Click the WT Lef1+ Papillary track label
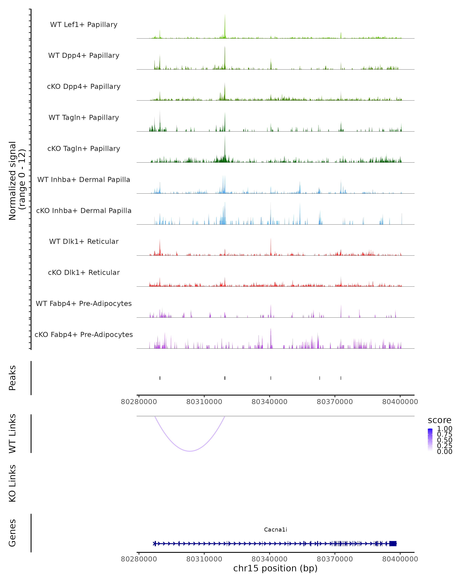coord(84,25)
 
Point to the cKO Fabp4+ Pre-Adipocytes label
coord(84,334)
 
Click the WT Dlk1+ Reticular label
coord(84,241)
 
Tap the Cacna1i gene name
coord(275,530)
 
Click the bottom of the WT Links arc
coord(190,451)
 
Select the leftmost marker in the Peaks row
coord(160,378)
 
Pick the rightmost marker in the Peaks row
coord(341,378)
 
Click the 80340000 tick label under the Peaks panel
coord(269,402)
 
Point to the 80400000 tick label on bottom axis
coord(400,559)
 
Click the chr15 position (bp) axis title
coord(275,568)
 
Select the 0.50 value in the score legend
coord(444,440)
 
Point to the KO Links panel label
coord(12,483)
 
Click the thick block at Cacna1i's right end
coord(393,543)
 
